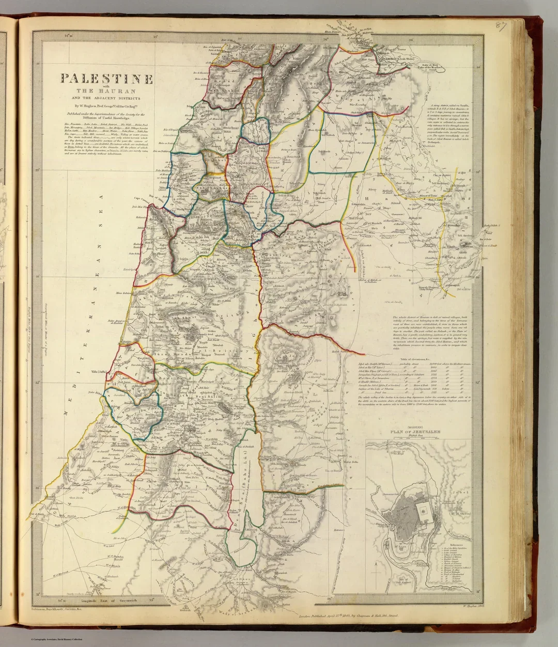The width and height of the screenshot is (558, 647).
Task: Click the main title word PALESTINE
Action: point(107,79)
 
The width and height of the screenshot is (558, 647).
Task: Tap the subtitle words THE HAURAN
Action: point(107,92)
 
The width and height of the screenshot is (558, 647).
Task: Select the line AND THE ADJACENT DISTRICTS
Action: point(107,98)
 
